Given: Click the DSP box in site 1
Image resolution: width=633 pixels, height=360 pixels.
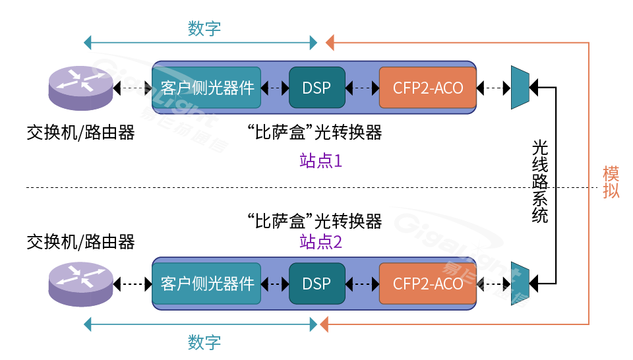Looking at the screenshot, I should point(316,88).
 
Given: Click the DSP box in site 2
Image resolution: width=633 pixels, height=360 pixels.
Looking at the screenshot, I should point(316,284).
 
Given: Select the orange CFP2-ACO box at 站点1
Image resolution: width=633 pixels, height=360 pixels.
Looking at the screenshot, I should point(428,88).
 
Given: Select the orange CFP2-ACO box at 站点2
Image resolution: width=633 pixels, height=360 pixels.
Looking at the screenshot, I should point(428,284).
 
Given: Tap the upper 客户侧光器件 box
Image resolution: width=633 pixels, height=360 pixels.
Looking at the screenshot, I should point(207,88).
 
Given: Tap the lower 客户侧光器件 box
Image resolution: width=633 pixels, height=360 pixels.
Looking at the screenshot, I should point(207,284).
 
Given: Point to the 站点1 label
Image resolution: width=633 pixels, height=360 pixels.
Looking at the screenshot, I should point(320,161).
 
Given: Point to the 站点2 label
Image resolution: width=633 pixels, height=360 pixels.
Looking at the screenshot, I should point(320,242).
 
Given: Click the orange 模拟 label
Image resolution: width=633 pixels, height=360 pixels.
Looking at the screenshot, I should point(611,183).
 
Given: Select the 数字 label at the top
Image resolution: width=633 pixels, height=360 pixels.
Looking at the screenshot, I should point(204,28).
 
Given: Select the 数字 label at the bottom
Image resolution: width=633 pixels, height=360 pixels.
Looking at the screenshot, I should point(204,342).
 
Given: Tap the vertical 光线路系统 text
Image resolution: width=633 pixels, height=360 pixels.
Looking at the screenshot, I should point(540,181).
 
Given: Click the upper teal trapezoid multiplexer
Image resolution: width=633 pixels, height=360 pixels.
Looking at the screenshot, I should point(520,87).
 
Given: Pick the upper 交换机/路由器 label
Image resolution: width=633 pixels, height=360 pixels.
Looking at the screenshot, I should point(80,133).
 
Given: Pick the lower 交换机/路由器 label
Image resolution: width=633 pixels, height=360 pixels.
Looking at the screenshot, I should point(80,242).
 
